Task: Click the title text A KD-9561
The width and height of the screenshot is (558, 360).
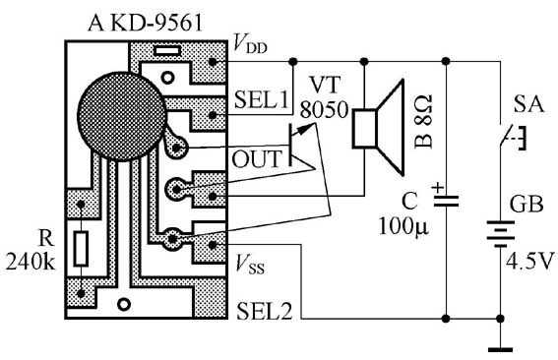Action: click(146, 24)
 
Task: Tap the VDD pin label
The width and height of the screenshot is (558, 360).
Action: click(250, 44)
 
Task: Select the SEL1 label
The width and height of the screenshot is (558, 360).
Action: click(261, 99)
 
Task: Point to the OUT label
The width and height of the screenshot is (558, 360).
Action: click(257, 159)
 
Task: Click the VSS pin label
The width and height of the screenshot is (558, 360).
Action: click(250, 265)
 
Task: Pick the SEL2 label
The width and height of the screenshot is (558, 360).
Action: click(264, 311)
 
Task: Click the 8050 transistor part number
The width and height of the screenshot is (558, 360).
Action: click(324, 109)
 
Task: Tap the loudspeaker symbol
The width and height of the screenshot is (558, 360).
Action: click(379, 128)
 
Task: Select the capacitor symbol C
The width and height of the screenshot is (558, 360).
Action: click(446, 201)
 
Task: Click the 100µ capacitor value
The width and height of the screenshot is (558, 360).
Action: click(403, 226)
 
